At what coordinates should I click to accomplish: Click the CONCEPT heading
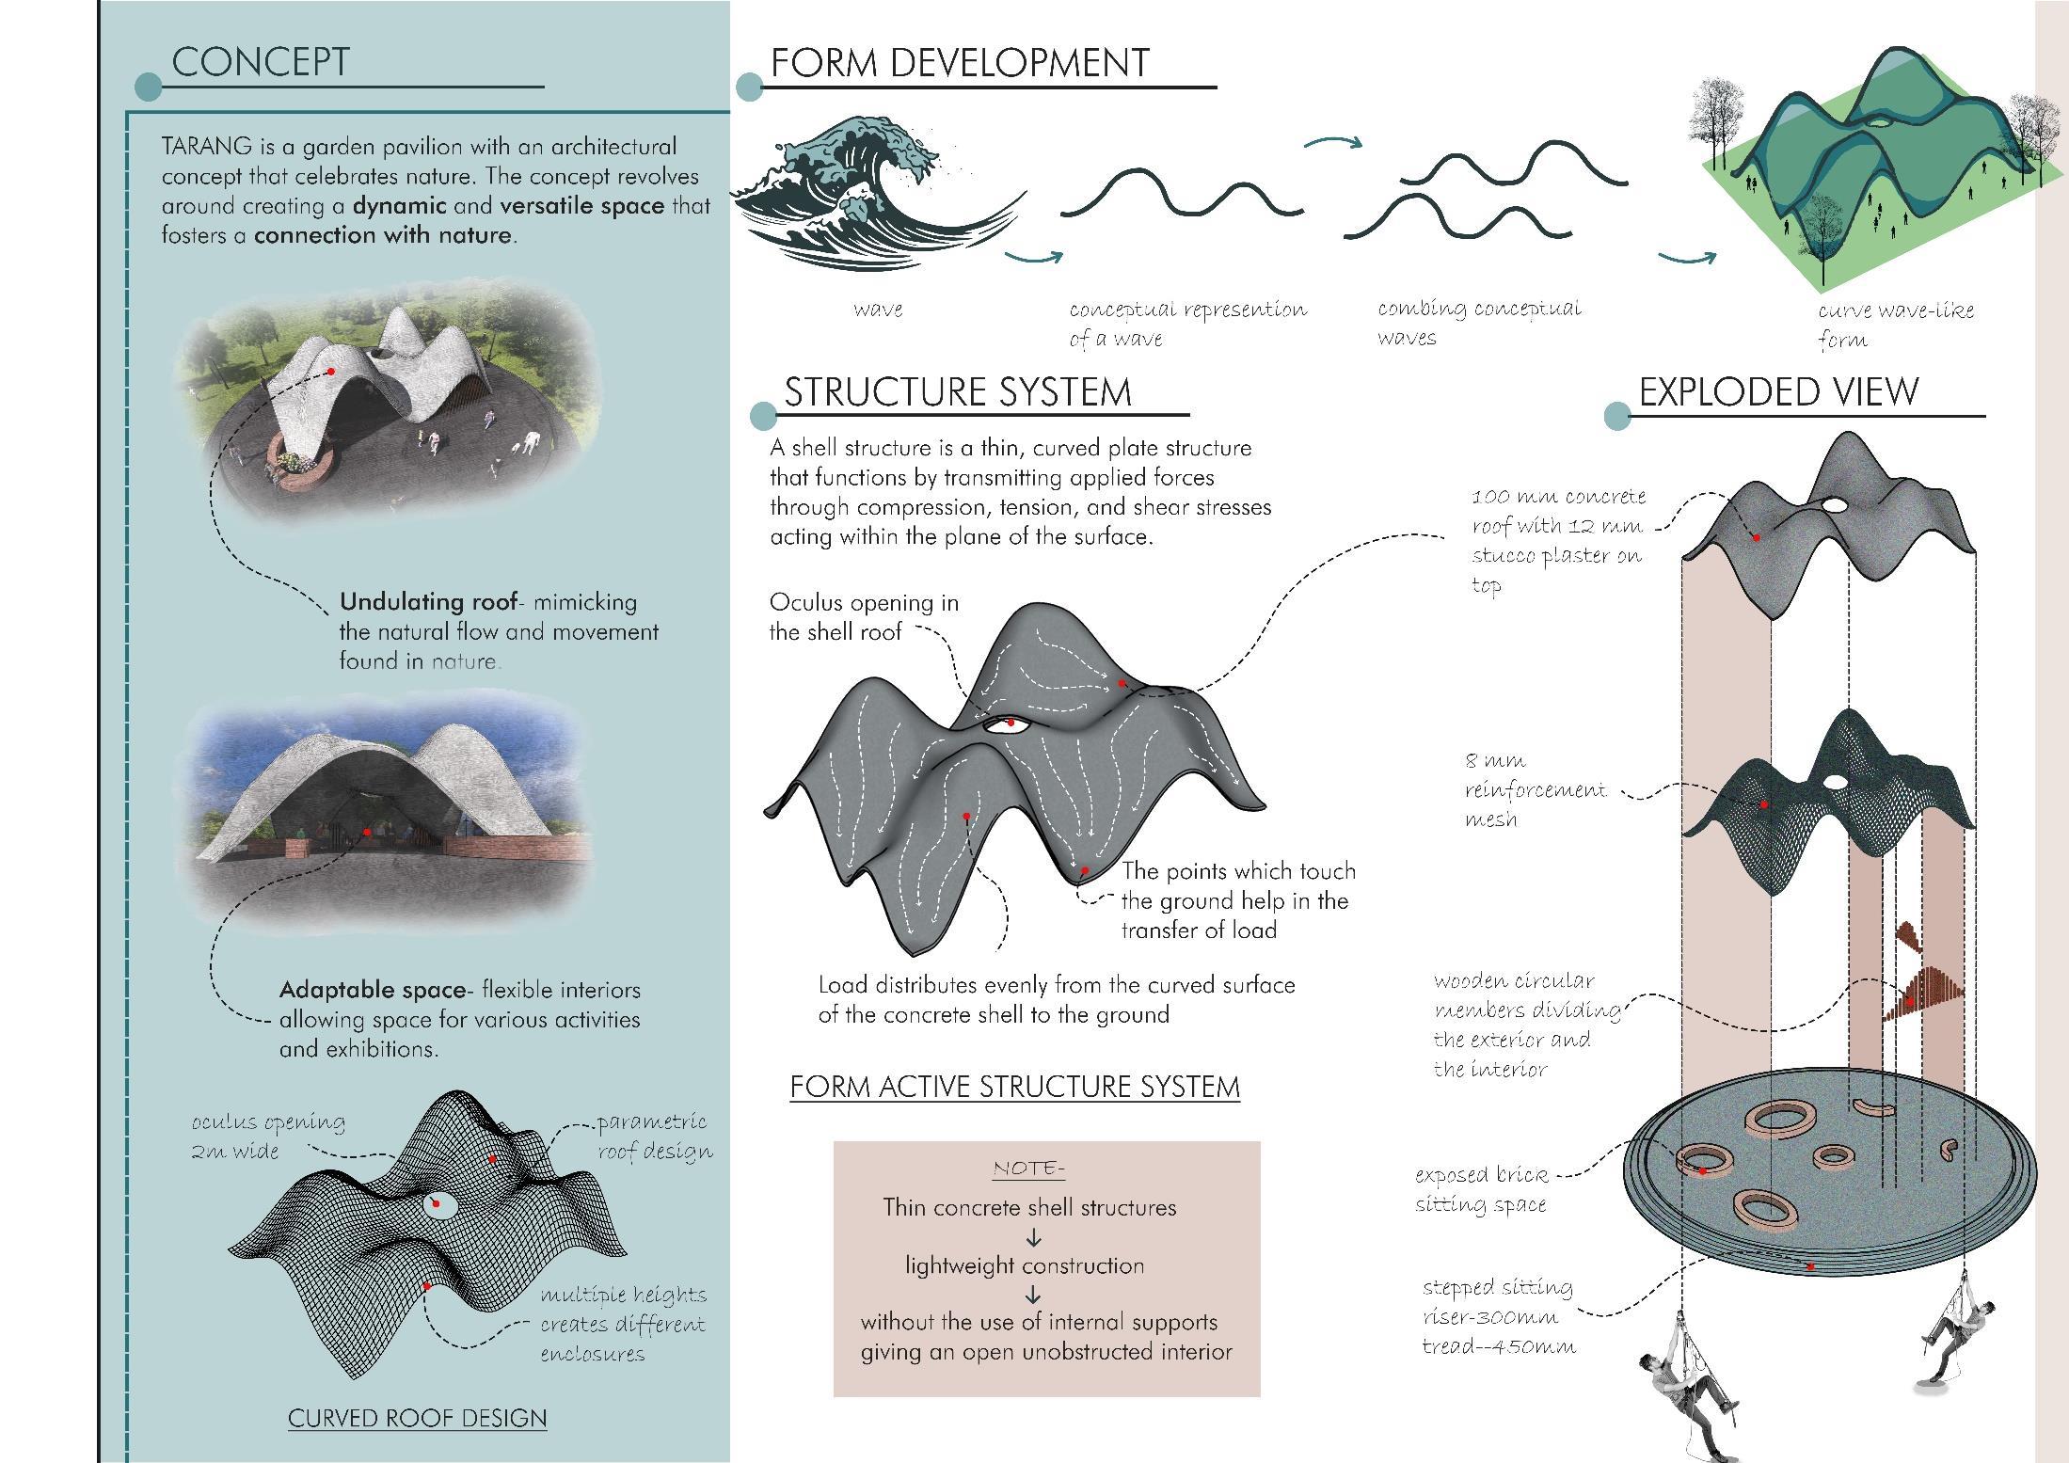[x=260, y=62]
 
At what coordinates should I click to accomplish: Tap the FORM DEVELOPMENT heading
[x=960, y=63]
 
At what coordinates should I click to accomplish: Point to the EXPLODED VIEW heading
[x=1778, y=392]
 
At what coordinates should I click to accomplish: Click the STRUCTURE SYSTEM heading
[x=958, y=392]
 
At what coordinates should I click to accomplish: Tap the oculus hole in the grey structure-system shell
[x=1006, y=724]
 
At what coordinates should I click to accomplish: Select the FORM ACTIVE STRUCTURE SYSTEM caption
[x=1014, y=1088]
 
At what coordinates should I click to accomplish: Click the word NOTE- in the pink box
[x=1028, y=1169]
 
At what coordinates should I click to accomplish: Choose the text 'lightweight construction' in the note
[x=1025, y=1265]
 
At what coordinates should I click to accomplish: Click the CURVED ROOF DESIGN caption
[x=417, y=1419]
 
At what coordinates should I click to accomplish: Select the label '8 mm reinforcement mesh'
[x=1534, y=789]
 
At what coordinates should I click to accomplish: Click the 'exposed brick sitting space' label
[x=1481, y=1189]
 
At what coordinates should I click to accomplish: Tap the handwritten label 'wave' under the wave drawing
[x=878, y=310]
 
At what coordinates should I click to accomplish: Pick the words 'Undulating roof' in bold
[x=428, y=602]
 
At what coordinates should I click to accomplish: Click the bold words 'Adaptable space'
[x=373, y=990]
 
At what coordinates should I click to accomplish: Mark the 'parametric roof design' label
[x=654, y=1136]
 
